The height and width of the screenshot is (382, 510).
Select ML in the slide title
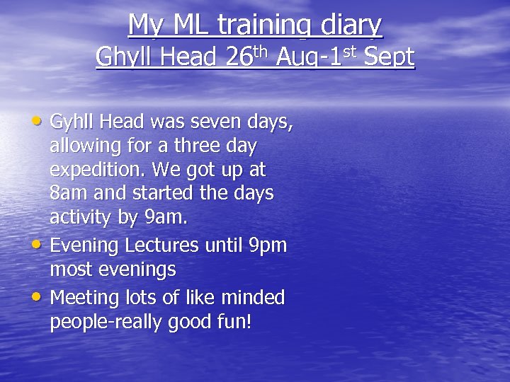click(189, 25)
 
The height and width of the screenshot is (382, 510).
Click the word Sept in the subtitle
click(388, 57)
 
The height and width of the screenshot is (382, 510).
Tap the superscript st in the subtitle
click(348, 51)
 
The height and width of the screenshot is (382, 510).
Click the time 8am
click(67, 192)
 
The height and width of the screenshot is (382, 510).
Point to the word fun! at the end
click(236, 322)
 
